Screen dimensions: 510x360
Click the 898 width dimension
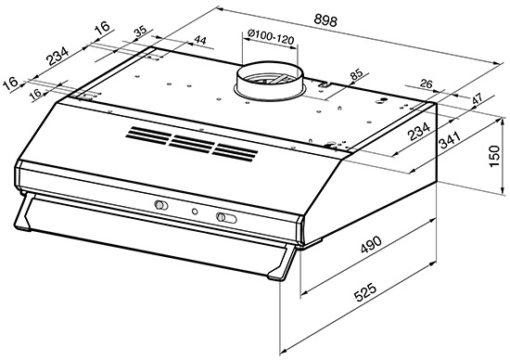(x=325, y=20)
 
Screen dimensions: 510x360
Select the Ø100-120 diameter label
(x=271, y=36)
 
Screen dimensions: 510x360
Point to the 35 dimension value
(x=141, y=32)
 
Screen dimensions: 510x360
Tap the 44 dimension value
(x=200, y=41)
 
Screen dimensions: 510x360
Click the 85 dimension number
(x=356, y=75)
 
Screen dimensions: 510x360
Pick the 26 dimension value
(x=427, y=84)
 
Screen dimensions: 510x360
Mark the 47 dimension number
(x=478, y=99)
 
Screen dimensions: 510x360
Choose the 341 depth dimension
(x=450, y=140)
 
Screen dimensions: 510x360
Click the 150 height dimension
(x=494, y=156)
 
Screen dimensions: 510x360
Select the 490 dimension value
(x=371, y=244)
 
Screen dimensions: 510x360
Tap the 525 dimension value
(x=364, y=292)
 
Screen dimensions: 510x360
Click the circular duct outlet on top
(x=269, y=80)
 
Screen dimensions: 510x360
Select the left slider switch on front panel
(x=161, y=205)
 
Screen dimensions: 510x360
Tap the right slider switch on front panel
(x=226, y=217)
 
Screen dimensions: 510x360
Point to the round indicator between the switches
(x=195, y=212)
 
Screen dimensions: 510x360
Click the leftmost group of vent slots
(x=148, y=135)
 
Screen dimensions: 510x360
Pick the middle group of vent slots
(x=192, y=144)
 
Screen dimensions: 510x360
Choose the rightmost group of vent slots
(x=235, y=152)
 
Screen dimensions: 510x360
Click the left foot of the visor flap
(x=23, y=212)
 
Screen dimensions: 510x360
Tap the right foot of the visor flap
(x=282, y=263)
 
